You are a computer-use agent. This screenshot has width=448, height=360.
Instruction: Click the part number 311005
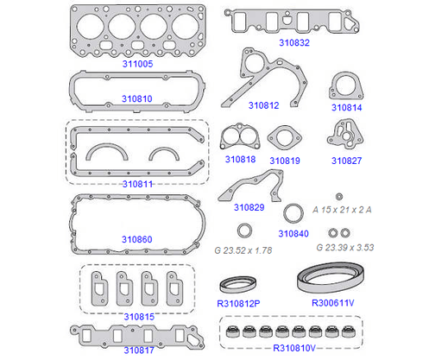[x=137, y=64]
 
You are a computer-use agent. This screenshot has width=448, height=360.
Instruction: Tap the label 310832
[x=294, y=43]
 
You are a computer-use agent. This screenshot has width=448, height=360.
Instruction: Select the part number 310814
[x=346, y=108]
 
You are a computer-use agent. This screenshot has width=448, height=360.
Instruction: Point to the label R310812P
[x=238, y=304]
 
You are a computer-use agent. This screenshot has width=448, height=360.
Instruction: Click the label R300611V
[x=333, y=303]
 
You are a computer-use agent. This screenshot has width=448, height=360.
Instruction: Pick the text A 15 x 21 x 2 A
[x=342, y=210]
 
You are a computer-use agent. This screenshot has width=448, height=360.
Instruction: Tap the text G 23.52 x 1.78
[x=243, y=250]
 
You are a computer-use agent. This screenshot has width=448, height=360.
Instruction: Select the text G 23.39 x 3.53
[x=345, y=248]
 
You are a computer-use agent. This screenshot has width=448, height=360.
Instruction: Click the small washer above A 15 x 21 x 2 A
[x=339, y=197]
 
